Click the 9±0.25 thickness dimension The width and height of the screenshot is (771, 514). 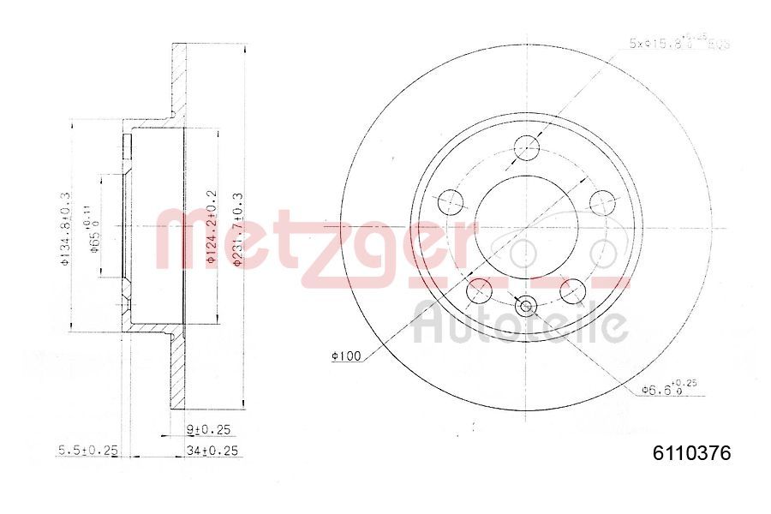click(209, 428)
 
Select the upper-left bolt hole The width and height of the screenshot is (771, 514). click(450, 203)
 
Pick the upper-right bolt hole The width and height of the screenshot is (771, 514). click(604, 203)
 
